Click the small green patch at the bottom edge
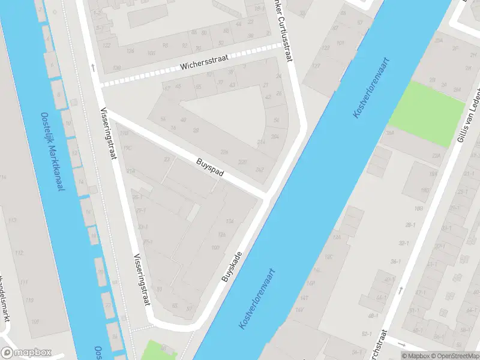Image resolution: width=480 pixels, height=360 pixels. [x=155, y=350]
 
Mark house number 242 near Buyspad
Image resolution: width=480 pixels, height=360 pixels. [x=259, y=170]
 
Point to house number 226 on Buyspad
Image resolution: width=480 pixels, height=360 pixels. [x=224, y=152]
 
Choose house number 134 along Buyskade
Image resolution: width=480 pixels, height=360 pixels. [x=229, y=221]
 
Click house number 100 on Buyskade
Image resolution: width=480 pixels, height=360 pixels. [x=215, y=248]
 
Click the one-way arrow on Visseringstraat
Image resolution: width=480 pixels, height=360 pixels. [x=93, y=67]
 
